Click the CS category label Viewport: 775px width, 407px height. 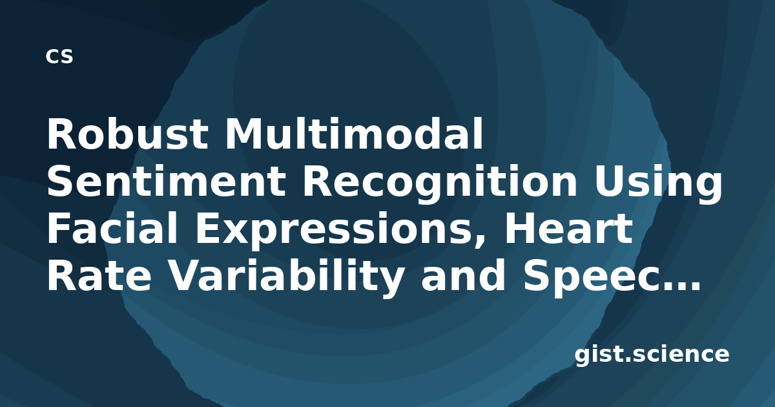59,56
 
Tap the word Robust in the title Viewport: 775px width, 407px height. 127,134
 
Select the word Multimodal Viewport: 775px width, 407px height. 354,133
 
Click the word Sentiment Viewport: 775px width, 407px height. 167,181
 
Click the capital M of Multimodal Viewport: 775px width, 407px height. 243,134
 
